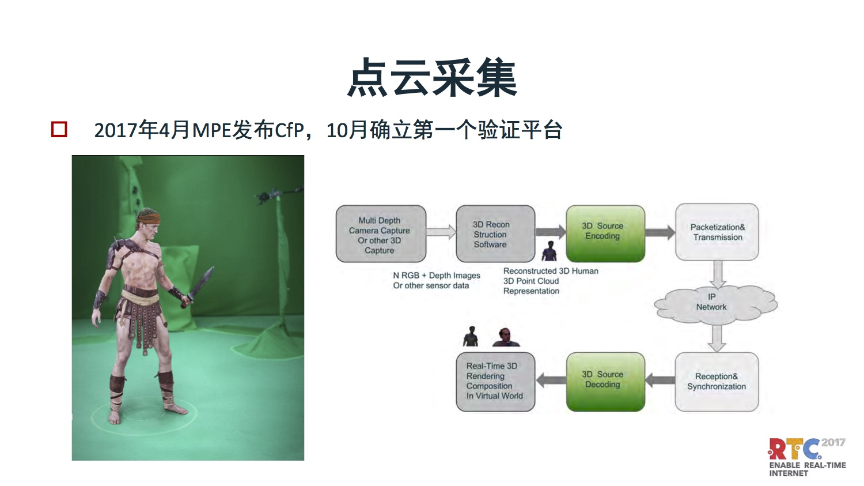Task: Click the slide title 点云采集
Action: tap(432, 77)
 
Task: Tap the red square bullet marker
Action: tap(59, 129)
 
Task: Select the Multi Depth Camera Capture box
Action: tap(381, 234)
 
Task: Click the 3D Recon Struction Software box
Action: tap(495, 234)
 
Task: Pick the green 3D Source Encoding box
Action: tap(605, 233)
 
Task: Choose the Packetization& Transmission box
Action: tap(717, 232)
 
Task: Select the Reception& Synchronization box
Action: tap(717, 382)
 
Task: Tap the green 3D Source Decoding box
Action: tap(605, 382)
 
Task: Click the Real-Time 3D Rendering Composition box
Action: tap(495, 382)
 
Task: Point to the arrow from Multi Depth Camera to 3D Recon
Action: tap(441, 232)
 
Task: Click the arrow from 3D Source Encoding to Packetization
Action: tap(660, 232)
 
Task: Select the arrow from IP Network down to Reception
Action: tap(717, 338)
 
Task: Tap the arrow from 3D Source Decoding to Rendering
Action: tap(551, 380)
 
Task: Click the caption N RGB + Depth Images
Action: tap(437, 275)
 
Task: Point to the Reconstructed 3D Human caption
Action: tap(551, 271)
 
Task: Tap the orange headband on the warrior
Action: tap(149, 218)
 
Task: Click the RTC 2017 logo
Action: tap(807, 457)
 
